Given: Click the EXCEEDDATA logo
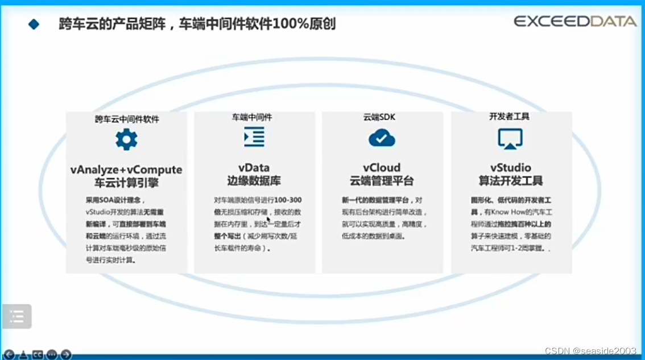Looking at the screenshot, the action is (x=575, y=22).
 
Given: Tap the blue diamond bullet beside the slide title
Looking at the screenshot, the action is (x=34, y=24).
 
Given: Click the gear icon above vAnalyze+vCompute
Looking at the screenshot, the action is (x=126, y=139).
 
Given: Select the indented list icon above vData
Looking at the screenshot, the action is (x=254, y=137).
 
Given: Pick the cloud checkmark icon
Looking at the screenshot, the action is (x=382, y=138).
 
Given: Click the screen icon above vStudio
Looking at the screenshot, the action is (x=510, y=138).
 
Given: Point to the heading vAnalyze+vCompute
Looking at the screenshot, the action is (x=126, y=169).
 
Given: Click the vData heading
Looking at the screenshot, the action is (x=254, y=168).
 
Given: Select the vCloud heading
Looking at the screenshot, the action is (x=382, y=168).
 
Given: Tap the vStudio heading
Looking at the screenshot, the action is (x=510, y=168).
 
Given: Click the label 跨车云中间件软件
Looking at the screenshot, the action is (x=127, y=119).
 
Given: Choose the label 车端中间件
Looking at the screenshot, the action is (x=252, y=117).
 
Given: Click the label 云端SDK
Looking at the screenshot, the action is (x=379, y=117).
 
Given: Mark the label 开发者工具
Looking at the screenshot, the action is (x=509, y=117).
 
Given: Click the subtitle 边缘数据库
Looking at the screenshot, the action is (x=254, y=181).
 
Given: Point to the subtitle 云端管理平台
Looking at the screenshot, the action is (x=382, y=181).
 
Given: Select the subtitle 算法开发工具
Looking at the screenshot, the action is (x=510, y=181).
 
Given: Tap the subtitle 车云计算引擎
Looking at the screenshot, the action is (x=126, y=183).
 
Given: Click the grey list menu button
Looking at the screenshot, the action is (x=16, y=317).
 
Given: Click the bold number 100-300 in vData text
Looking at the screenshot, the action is (x=288, y=200).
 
